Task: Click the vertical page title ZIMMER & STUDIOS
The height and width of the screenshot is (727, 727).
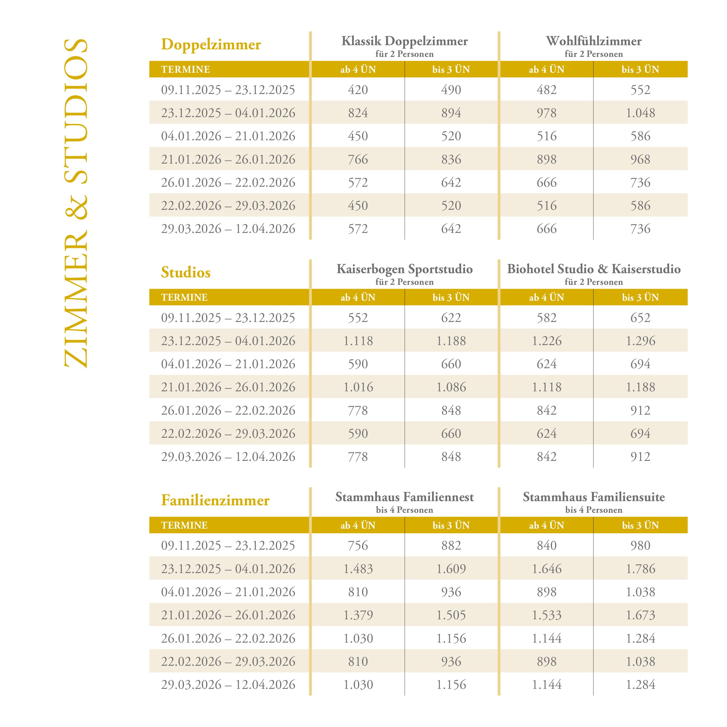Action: point(76,203)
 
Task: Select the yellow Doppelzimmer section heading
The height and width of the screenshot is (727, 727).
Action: point(211,44)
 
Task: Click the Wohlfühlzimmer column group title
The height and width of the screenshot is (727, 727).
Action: point(594,41)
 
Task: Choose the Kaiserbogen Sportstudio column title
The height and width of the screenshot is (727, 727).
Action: point(405,269)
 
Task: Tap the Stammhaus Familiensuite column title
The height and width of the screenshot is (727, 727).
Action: point(594,497)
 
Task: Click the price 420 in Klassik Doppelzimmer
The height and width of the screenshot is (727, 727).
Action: point(358,90)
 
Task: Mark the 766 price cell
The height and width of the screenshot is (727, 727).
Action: point(358,159)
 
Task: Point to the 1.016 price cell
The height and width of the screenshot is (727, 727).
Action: point(358,387)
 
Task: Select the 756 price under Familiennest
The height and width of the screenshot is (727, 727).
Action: point(358,546)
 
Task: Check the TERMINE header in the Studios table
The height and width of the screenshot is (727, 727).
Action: point(184,297)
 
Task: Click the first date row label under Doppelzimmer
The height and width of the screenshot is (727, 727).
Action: point(228,90)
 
